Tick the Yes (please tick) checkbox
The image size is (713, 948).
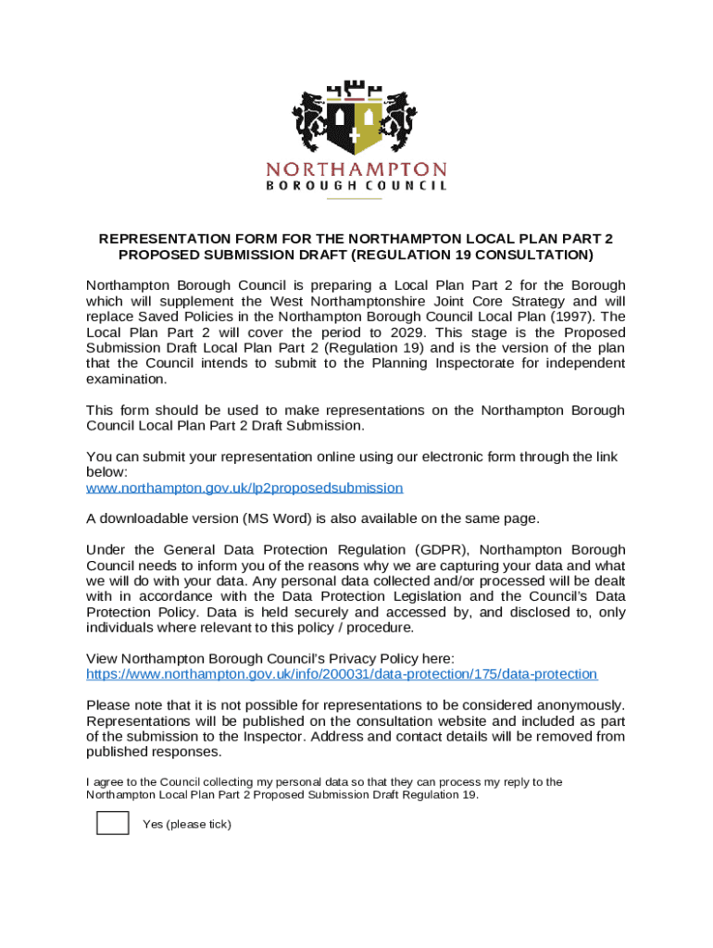pyautogui.click(x=113, y=821)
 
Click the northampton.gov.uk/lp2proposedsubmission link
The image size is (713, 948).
pyautogui.click(x=244, y=487)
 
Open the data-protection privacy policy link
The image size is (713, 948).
pyautogui.click(x=341, y=674)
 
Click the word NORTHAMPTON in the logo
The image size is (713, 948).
pyautogui.click(x=356, y=169)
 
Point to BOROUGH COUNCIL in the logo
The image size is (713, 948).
pyautogui.click(x=356, y=185)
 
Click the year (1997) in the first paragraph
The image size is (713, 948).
pyautogui.click(x=578, y=317)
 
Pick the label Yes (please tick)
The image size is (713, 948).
pyautogui.click(x=186, y=824)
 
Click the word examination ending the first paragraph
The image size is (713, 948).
pyautogui.click(x=127, y=379)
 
